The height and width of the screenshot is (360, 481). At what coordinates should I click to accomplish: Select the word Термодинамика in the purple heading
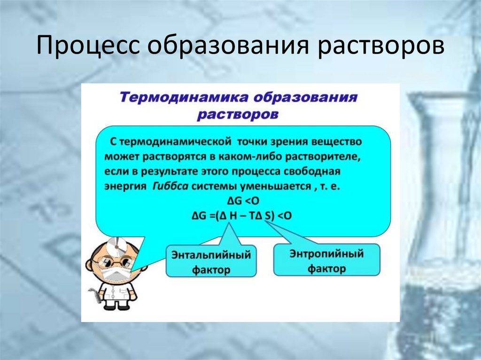(180, 98)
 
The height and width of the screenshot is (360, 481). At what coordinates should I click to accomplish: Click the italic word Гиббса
(171, 185)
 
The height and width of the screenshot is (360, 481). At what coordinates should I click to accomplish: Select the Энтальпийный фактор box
(211, 261)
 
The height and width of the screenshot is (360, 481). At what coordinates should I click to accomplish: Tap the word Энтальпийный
(211, 254)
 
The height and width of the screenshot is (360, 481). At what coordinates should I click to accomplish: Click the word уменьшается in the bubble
(282, 185)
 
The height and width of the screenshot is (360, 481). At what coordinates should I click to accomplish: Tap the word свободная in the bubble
(310, 170)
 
